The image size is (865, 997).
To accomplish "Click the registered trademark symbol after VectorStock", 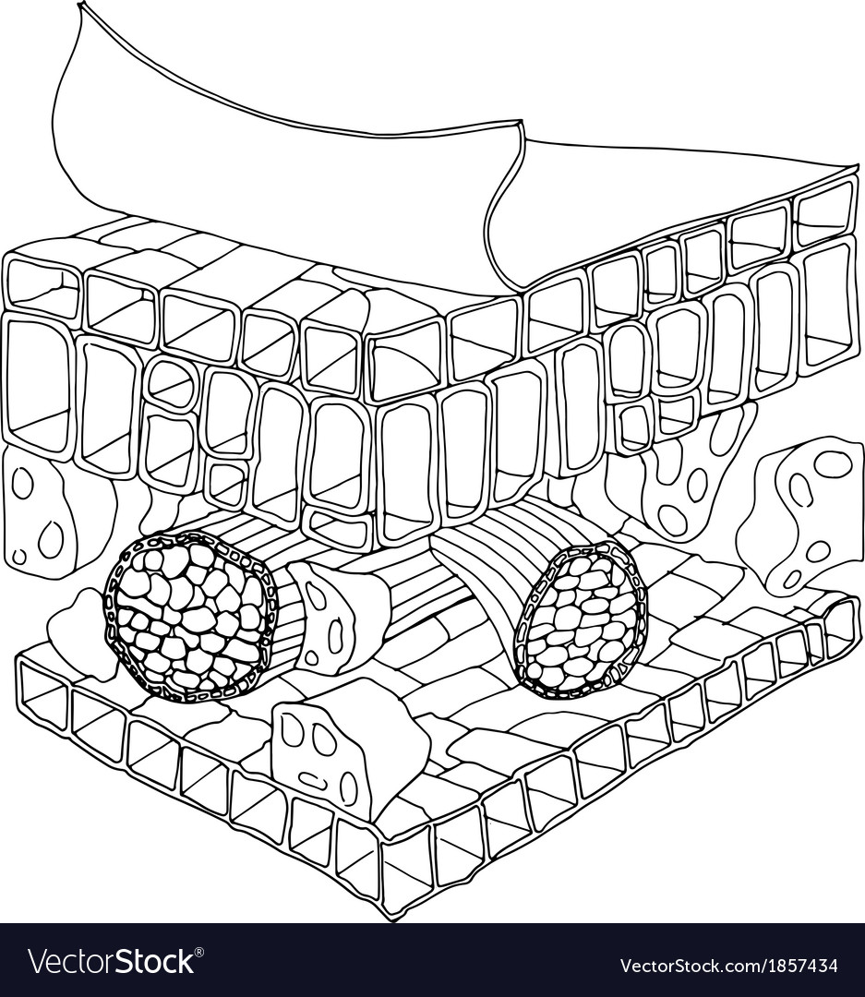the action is [198, 952].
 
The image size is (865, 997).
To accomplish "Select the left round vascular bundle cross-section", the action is [191, 614].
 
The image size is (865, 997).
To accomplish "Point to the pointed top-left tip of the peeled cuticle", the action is [80, 3].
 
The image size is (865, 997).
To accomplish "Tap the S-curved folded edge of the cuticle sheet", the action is [506, 203].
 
